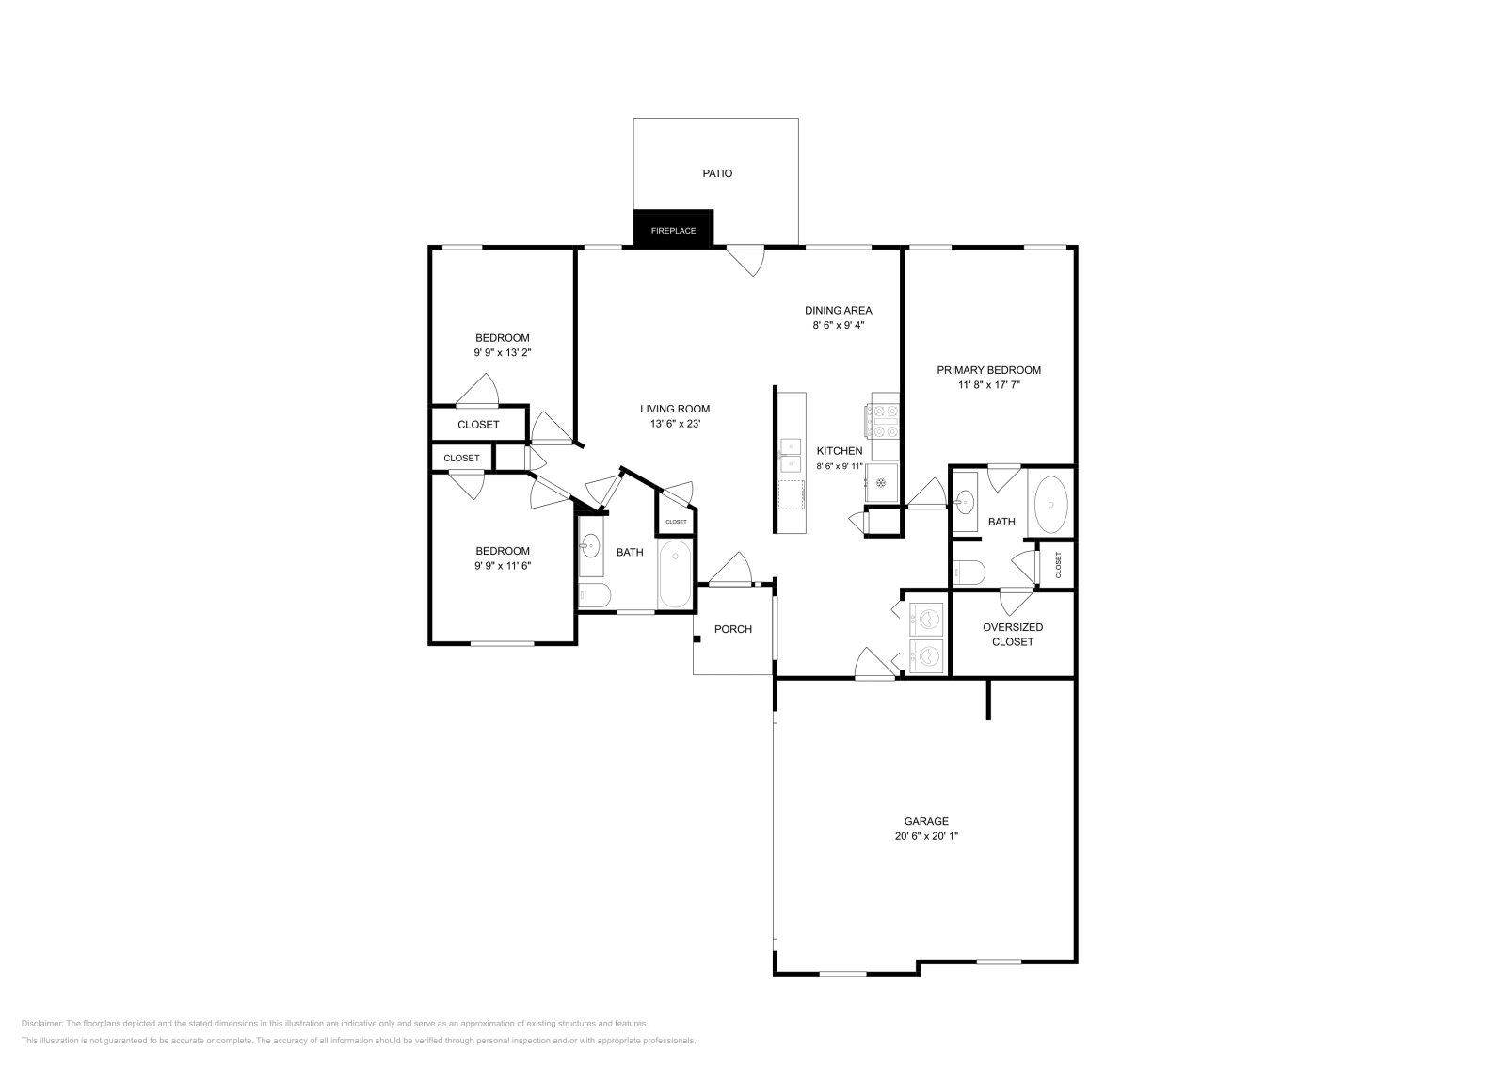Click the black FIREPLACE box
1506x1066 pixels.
673,230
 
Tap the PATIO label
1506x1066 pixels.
717,173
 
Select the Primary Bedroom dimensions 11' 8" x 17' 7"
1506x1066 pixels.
988,385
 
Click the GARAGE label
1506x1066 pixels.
927,821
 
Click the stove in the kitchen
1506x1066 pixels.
885,420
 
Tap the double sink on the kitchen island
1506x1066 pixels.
790,454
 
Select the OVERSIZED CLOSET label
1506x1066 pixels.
1013,634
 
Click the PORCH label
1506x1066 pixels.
732,629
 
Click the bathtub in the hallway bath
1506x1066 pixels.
675,574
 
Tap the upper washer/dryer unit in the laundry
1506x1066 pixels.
926,620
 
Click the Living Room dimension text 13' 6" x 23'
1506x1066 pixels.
674,424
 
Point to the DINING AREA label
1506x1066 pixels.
838,310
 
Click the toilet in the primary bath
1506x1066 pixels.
969,572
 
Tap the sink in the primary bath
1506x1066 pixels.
965,502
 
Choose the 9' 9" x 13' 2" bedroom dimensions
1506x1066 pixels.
502,353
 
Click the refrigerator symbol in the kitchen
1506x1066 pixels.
882,482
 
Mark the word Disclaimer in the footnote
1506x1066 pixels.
41,1023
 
